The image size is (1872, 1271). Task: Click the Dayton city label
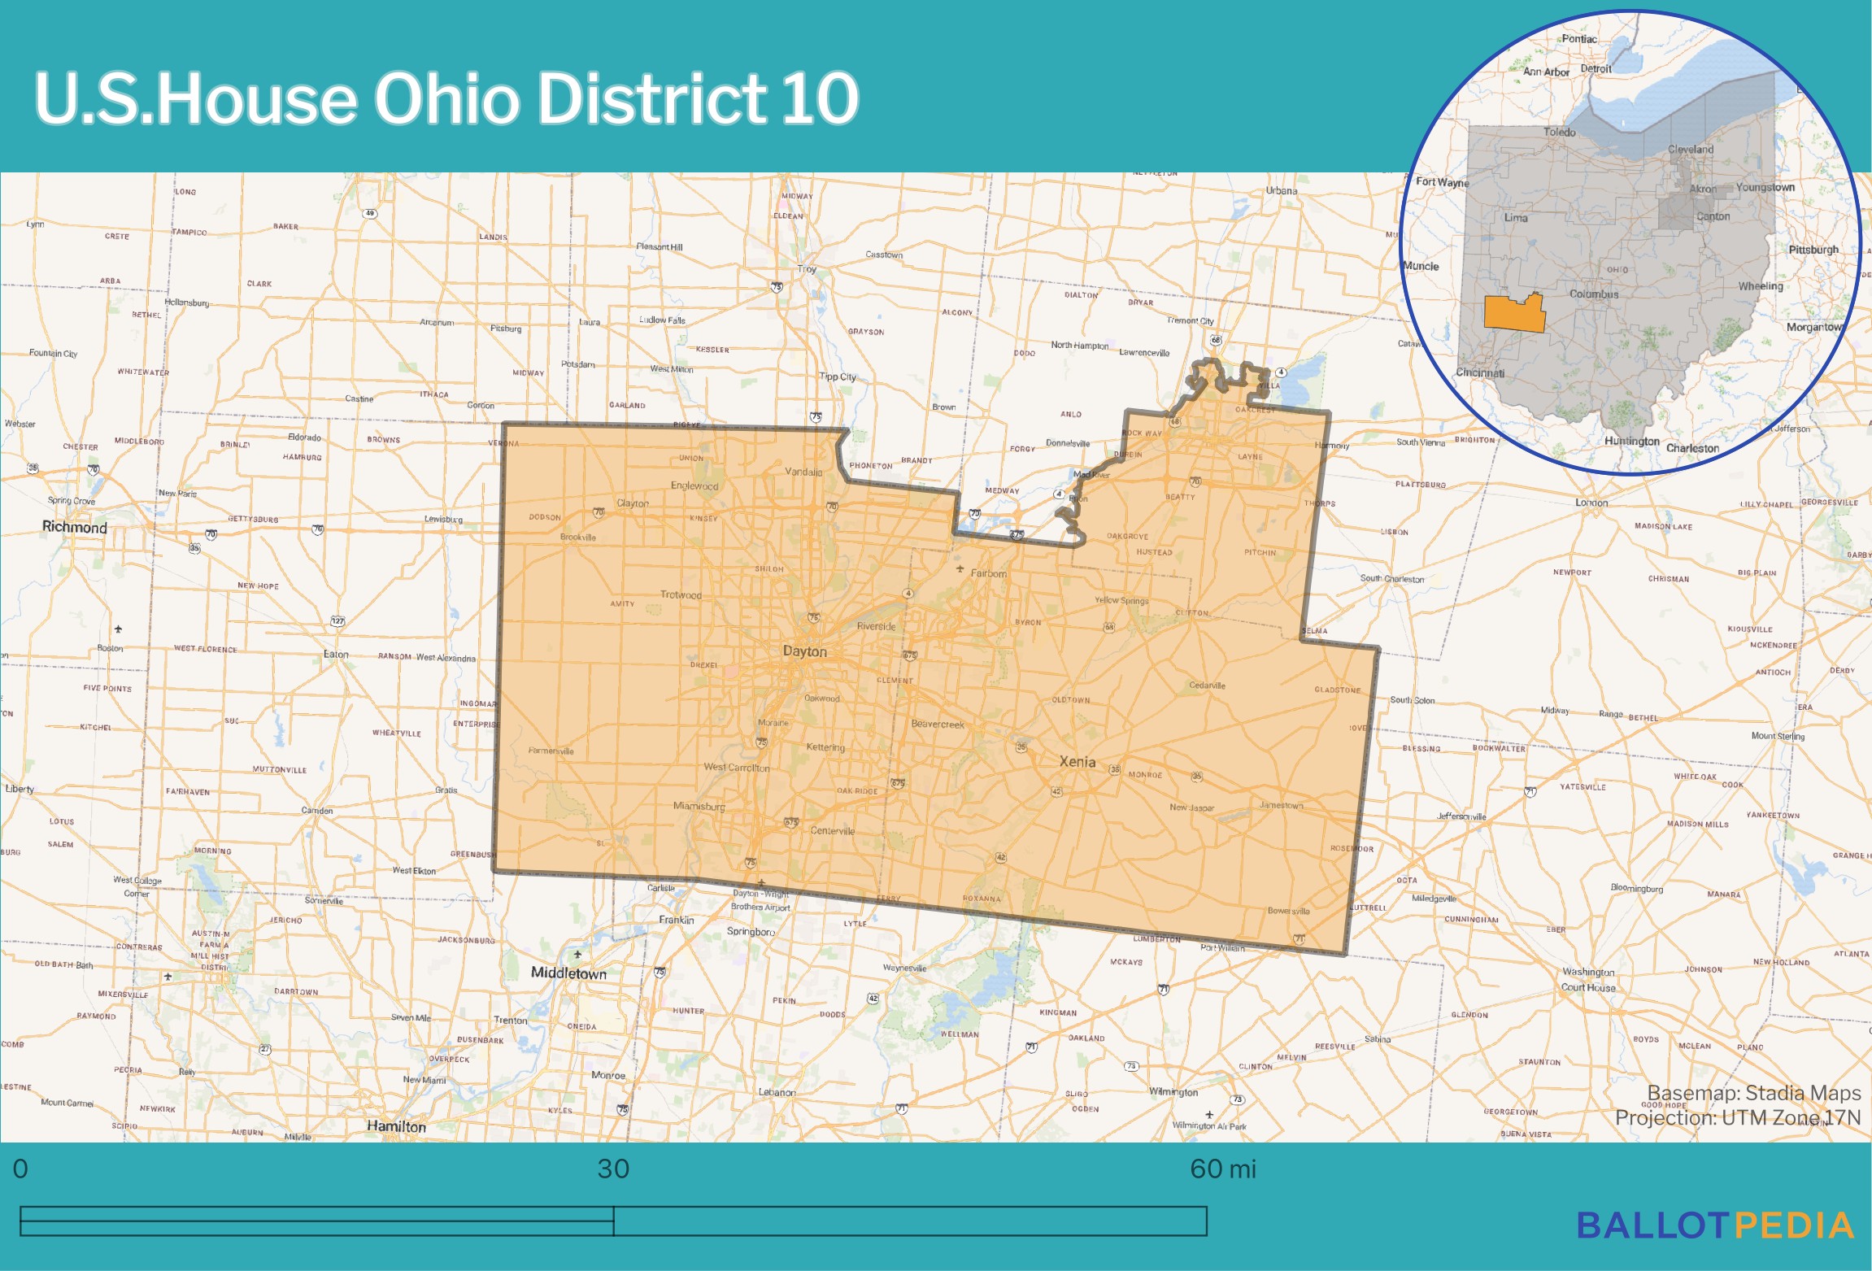tap(804, 651)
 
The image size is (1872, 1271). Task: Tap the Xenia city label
tap(1077, 762)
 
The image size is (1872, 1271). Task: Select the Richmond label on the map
tap(75, 527)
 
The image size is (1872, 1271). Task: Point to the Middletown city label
tap(568, 973)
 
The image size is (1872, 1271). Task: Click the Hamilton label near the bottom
tap(396, 1126)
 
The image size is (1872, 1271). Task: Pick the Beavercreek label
tap(938, 724)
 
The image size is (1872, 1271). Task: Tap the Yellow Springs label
tap(1121, 601)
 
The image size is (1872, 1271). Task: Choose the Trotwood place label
tap(681, 595)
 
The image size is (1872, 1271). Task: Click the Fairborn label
tap(988, 573)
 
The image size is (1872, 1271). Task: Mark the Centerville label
tap(832, 831)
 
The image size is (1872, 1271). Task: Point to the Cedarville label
tap(1207, 686)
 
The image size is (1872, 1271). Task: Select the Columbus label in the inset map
tap(1593, 294)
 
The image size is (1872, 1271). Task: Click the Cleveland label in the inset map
tap(1690, 150)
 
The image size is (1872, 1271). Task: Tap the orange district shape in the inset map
tap(1514, 313)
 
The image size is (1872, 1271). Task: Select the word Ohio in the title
tap(446, 98)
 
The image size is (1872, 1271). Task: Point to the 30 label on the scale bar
tap(613, 1169)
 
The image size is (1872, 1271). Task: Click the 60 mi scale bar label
tap(1222, 1169)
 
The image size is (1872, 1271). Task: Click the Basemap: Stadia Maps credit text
tap(1753, 1093)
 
